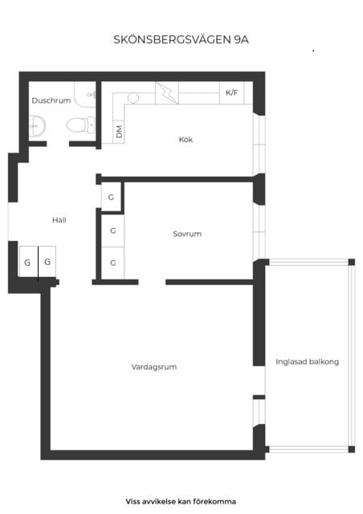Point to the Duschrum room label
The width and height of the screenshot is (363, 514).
[51, 101]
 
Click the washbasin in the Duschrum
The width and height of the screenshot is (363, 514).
[37, 125]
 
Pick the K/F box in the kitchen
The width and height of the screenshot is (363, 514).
[231, 93]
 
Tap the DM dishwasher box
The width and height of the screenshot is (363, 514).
[119, 131]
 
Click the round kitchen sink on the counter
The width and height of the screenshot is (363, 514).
[133, 98]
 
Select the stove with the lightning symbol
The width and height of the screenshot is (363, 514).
[166, 93]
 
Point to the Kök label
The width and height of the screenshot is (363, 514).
[186, 140]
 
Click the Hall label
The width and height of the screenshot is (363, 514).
[59, 220]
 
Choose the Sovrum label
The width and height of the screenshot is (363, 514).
[186, 235]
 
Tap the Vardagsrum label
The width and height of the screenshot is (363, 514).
[153, 367]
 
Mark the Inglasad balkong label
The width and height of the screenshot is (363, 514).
[307, 362]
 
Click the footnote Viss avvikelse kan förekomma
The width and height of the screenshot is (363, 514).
[181, 501]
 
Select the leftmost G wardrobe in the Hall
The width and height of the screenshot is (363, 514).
[27, 263]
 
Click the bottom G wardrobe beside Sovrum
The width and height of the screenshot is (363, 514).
[112, 263]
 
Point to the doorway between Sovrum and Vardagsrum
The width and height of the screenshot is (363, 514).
[152, 282]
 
